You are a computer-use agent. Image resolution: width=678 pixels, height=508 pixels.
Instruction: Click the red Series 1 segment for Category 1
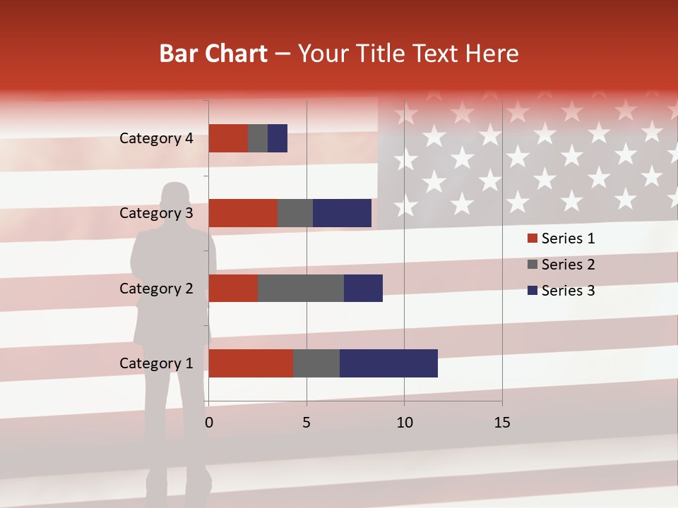point(251,363)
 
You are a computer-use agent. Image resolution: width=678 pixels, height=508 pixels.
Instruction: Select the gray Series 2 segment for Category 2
point(301,288)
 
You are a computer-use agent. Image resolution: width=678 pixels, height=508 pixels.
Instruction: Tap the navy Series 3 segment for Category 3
point(342,213)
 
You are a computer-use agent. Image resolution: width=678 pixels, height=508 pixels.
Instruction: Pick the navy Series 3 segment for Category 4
point(278,138)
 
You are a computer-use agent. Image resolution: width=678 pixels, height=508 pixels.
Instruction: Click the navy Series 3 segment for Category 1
point(388,363)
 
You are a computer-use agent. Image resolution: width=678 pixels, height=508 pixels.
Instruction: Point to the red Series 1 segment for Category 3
point(243,213)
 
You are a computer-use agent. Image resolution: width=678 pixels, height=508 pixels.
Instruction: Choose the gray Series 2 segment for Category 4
point(258,138)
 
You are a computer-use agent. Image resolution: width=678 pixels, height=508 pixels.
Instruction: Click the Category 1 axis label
point(156,363)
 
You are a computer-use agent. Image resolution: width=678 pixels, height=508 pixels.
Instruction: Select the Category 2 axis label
point(156,288)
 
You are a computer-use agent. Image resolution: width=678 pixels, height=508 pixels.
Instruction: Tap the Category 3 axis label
point(156,213)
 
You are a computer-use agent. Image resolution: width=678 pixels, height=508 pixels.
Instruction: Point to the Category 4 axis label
point(156,138)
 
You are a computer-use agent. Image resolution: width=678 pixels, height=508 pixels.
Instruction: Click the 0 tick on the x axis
point(209,423)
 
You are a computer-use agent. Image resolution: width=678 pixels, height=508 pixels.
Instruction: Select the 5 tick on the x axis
point(307,423)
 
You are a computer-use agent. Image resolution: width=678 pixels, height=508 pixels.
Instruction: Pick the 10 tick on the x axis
point(404,423)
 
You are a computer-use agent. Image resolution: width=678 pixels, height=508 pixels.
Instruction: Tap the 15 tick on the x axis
point(502,423)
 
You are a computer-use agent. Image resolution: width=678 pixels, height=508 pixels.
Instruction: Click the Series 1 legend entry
point(561,238)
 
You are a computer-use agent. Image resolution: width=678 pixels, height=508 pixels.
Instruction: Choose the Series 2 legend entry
point(561,265)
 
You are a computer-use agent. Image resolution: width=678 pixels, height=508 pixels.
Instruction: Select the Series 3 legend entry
point(561,291)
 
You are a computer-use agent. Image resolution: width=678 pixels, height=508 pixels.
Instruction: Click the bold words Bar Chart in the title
point(213,54)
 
